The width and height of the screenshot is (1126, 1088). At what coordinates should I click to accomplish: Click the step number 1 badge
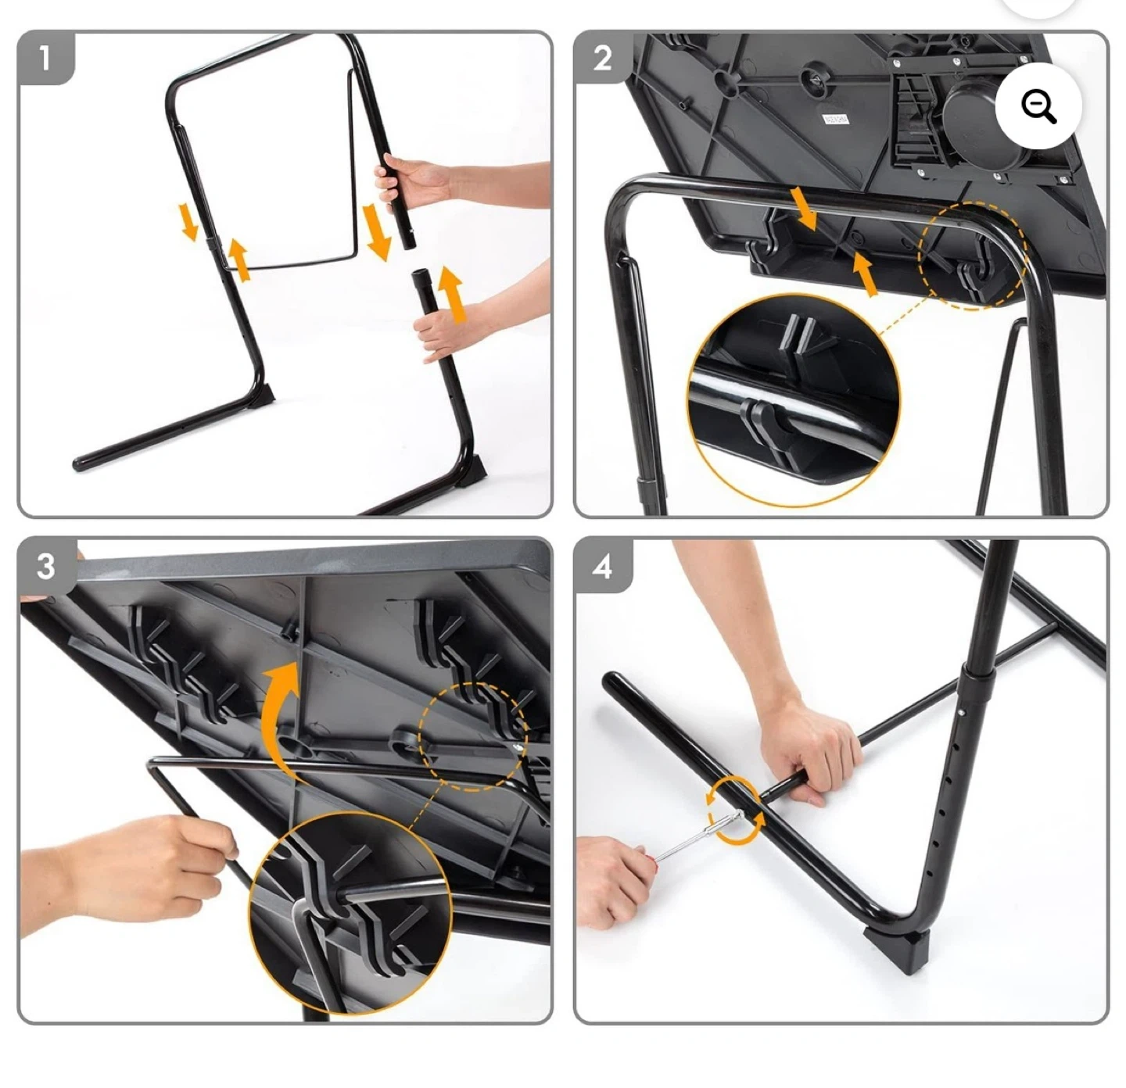(x=45, y=59)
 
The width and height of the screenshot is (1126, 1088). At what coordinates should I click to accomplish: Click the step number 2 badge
(x=602, y=59)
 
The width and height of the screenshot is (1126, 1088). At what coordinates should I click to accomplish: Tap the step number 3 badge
(x=46, y=566)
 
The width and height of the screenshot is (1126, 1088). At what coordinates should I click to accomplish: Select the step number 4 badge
(x=602, y=566)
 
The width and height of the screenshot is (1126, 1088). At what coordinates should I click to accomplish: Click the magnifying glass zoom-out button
(x=1038, y=106)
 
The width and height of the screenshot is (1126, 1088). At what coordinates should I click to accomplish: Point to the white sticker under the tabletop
(x=835, y=120)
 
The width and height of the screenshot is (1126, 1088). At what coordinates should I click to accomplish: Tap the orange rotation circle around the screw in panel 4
(x=734, y=811)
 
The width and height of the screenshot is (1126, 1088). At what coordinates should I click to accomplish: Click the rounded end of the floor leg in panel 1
(x=79, y=463)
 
